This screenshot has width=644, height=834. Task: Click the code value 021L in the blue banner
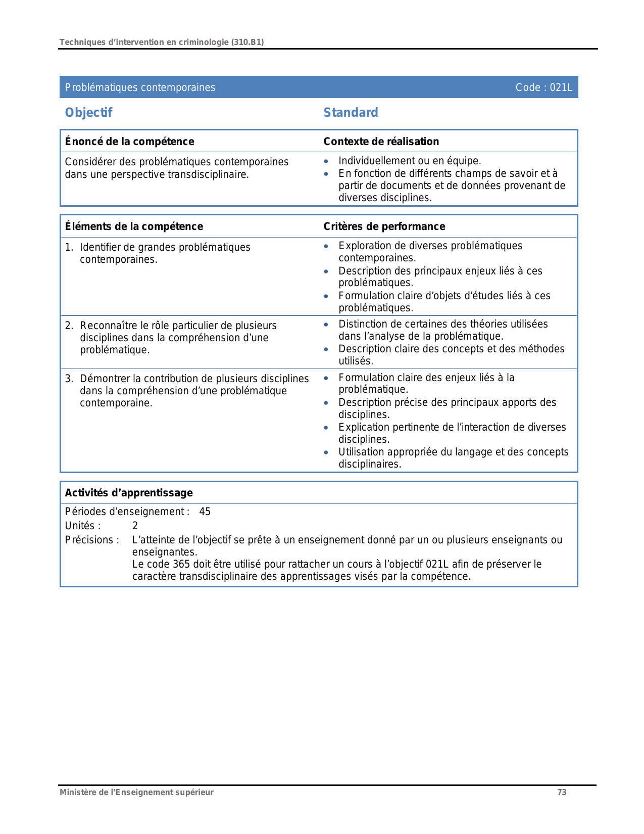(561, 87)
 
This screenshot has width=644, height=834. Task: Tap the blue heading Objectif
(88, 113)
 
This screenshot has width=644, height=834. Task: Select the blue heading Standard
(351, 113)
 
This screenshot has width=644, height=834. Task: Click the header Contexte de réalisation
(381, 142)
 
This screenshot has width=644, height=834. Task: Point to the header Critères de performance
(384, 226)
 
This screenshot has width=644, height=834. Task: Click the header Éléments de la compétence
(134, 226)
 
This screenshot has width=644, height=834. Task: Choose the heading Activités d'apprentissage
(129, 493)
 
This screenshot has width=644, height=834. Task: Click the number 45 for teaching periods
(205, 512)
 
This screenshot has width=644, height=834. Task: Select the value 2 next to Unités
(135, 526)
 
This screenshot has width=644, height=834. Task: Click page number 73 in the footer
(562, 793)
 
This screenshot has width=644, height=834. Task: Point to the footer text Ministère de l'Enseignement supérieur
(136, 793)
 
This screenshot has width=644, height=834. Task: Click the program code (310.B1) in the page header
(247, 42)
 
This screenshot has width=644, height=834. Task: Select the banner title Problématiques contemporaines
(140, 87)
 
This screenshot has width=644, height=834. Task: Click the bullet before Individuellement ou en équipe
(326, 161)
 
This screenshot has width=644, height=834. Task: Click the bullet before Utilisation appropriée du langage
(326, 452)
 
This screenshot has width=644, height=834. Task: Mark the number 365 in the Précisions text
(181, 564)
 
